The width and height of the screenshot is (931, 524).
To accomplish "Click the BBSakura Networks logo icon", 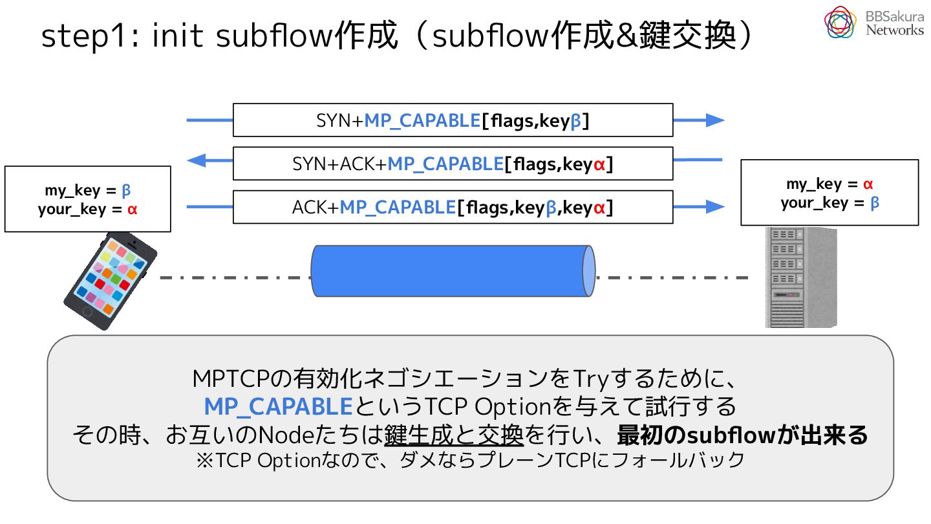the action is click(x=840, y=22).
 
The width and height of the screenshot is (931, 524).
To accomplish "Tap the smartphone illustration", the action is click(x=110, y=281).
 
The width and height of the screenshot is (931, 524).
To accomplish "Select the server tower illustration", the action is click(x=801, y=278).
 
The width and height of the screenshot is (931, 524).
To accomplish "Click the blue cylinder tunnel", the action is click(x=453, y=270).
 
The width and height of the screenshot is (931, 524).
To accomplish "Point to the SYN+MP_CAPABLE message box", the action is click(x=453, y=120).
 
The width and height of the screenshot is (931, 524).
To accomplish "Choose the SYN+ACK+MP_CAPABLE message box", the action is click(x=453, y=164).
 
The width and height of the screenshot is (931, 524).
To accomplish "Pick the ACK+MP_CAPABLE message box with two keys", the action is click(x=453, y=207).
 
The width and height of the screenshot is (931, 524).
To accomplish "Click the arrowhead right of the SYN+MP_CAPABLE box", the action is click(x=715, y=120).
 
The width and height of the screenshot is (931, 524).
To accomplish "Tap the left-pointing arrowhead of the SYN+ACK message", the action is click(x=196, y=160).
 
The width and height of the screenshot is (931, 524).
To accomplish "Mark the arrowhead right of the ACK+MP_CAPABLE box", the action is click(x=715, y=206).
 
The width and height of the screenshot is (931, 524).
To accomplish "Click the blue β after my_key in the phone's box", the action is click(x=126, y=191).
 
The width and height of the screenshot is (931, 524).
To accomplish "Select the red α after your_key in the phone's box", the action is click(x=132, y=209).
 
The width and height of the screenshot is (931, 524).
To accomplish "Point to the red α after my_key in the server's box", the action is click(x=868, y=184).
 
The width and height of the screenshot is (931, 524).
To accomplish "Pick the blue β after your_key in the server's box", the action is click(x=875, y=203).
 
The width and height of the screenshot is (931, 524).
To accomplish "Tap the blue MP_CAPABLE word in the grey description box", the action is click(x=278, y=406).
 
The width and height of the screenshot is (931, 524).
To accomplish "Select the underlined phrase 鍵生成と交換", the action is click(x=454, y=435).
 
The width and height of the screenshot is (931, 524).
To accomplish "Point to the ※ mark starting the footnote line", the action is click(x=205, y=461).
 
